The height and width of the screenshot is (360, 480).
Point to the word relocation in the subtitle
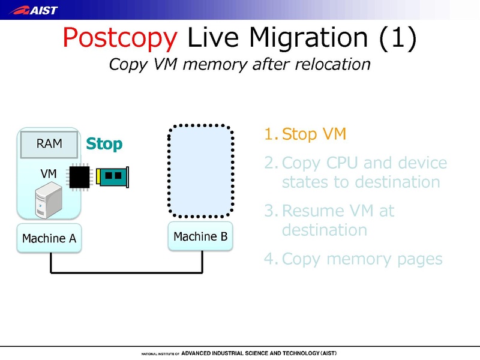pyautogui.click(x=329, y=64)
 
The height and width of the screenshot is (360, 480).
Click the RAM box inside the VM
pyautogui.click(x=49, y=144)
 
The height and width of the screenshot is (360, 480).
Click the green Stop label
pyautogui.click(x=104, y=144)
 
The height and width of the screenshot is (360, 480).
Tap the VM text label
pyautogui.click(x=49, y=173)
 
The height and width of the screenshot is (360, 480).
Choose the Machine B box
pyautogui.click(x=200, y=236)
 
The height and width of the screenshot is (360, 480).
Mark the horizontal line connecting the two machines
pyautogui.click(x=126, y=273)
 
